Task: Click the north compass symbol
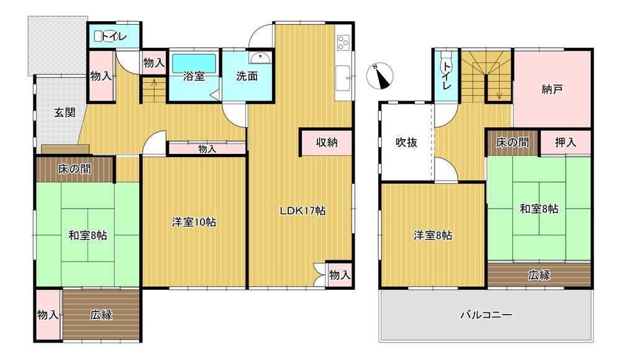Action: click(x=380, y=76)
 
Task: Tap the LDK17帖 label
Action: click(x=302, y=210)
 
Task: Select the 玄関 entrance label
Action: click(x=65, y=113)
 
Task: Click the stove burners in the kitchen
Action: click(x=343, y=43)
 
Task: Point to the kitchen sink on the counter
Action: click(x=343, y=78)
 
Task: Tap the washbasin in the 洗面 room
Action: click(x=261, y=58)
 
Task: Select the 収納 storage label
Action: click(x=327, y=143)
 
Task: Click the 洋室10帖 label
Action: click(x=194, y=222)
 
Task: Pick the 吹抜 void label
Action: click(x=406, y=142)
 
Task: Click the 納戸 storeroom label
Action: click(x=552, y=89)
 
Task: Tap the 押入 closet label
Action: click(x=565, y=142)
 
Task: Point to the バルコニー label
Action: click(x=486, y=315)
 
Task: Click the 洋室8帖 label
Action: click(x=433, y=236)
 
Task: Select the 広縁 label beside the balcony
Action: click(x=539, y=275)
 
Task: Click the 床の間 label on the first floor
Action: click(x=75, y=169)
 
